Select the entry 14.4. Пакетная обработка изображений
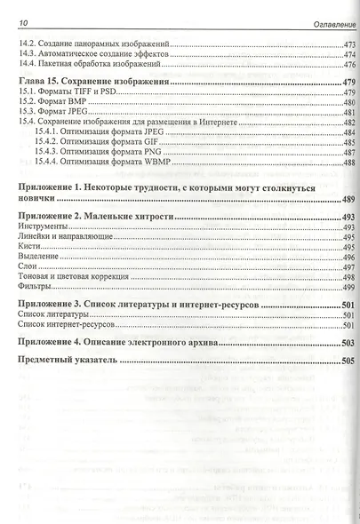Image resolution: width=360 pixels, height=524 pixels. pyautogui.click(x=89, y=64)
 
